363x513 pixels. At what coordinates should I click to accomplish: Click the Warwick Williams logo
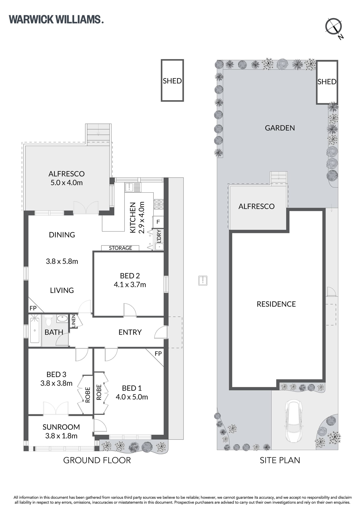tap(56, 19)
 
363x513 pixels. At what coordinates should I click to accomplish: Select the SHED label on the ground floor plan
tap(172, 81)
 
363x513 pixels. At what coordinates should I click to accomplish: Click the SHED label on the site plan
tap(327, 82)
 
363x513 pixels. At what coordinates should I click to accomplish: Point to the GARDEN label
tap(280, 128)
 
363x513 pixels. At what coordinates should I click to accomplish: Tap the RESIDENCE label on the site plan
tap(276, 304)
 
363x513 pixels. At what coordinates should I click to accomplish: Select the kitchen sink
tap(133, 187)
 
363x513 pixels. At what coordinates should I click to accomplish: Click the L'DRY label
tap(159, 236)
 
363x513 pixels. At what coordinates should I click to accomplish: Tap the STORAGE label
tap(120, 248)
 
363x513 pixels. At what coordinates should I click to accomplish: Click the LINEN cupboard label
tap(73, 321)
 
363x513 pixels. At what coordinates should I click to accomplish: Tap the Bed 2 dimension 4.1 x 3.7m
tap(130, 285)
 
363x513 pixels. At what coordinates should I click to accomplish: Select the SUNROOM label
tap(61, 427)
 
